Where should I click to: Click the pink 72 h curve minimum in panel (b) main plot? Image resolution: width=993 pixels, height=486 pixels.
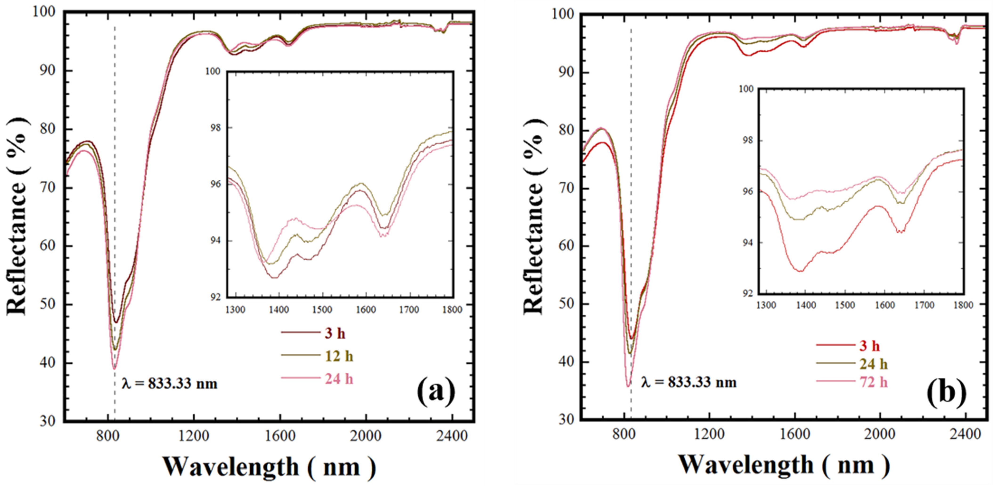[x=628, y=386]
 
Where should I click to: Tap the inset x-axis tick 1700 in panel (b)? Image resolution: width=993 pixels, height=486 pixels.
[x=924, y=305]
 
